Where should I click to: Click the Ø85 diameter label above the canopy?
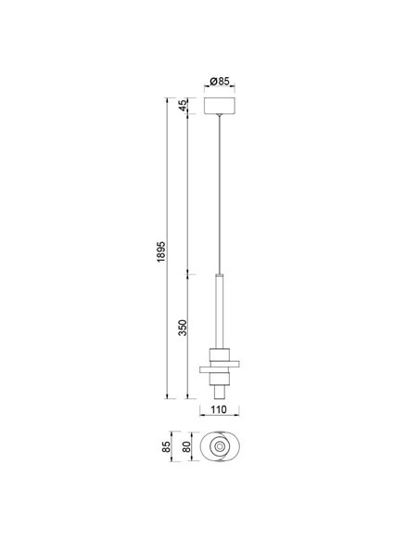219,80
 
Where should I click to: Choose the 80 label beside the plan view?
188,449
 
